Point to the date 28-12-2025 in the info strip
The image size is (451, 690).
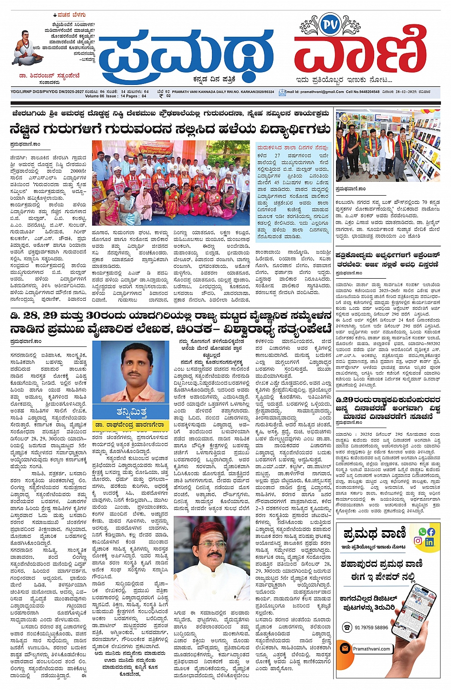point(406,92)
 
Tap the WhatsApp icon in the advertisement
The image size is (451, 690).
point(422,531)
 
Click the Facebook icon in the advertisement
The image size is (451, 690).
point(431,531)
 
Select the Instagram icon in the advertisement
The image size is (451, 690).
point(418,541)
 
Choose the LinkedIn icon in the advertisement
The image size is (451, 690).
point(430,542)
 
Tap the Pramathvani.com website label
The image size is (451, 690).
point(371,649)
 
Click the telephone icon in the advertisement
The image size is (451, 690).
point(347,627)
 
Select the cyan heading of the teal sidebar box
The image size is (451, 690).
point(293,147)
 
